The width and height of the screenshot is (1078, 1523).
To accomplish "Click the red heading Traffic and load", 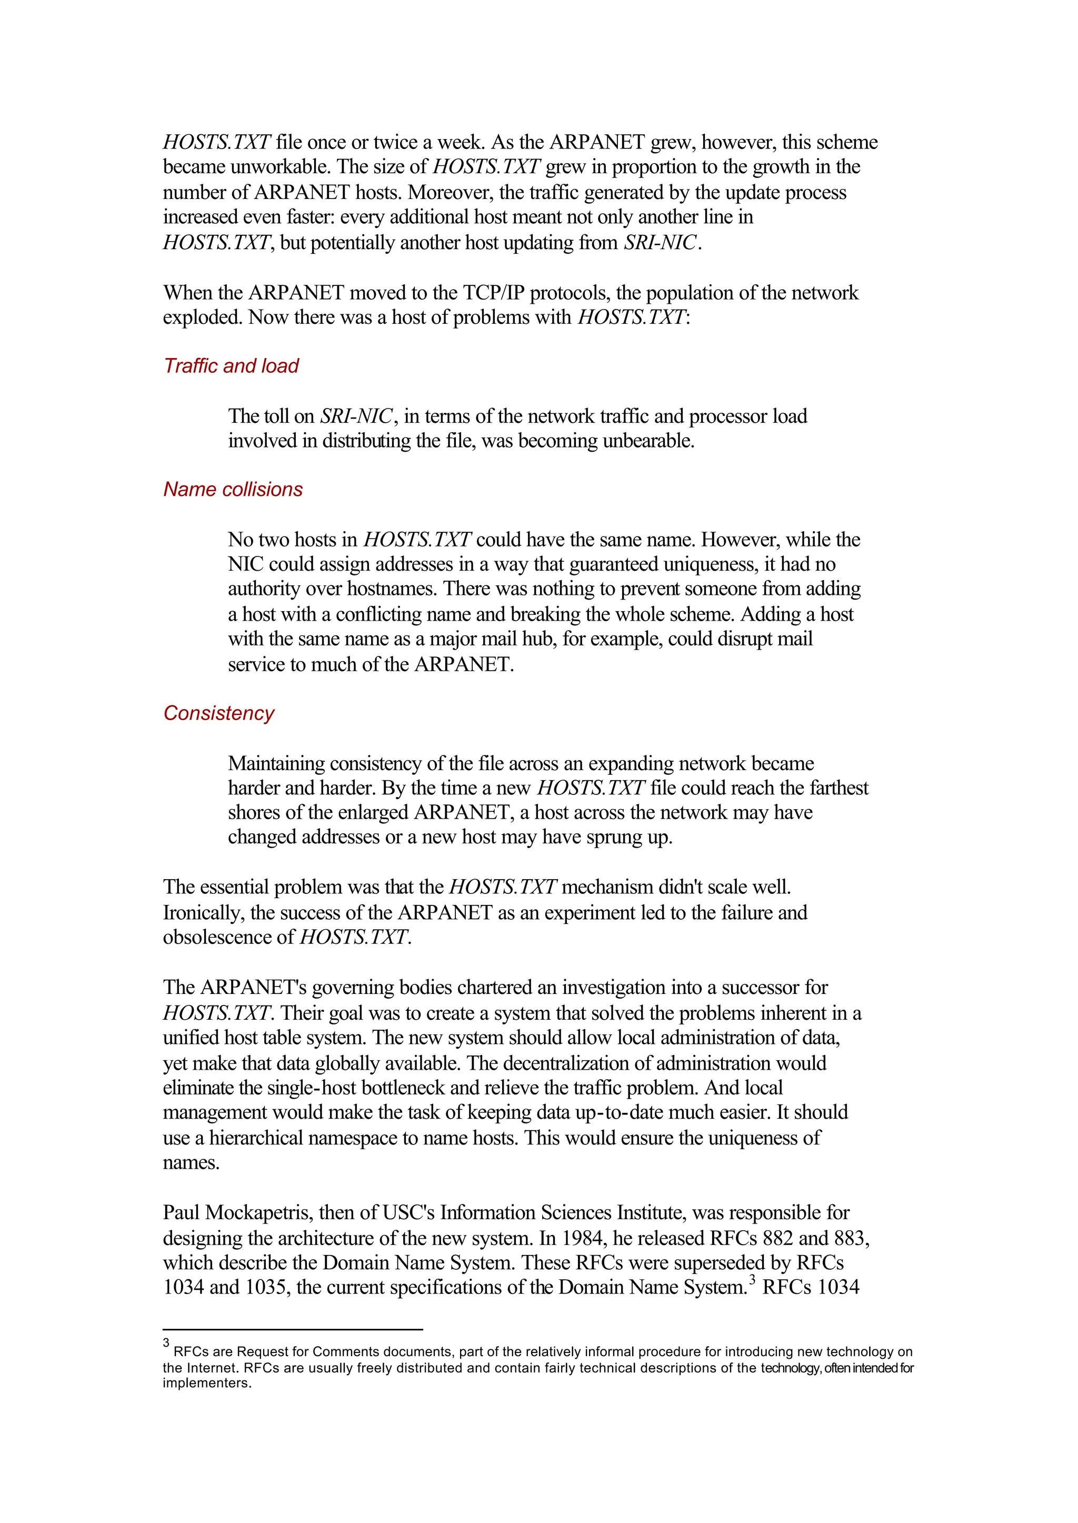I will tap(231, 366).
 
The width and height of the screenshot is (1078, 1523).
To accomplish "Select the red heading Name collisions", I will tap(233, 489).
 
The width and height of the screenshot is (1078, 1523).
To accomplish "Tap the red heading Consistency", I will tap(218, 713).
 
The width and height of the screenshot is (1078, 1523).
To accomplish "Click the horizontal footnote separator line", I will tap(293, 1329).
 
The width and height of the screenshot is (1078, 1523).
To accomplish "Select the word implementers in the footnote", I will tap(206, 1383).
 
